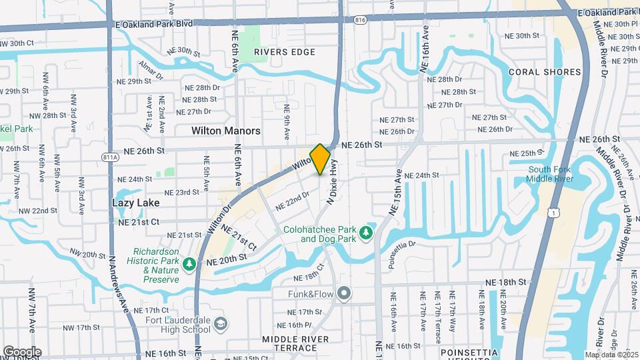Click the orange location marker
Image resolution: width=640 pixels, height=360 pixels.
(320, 159)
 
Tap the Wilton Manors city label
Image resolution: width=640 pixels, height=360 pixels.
(225, 131)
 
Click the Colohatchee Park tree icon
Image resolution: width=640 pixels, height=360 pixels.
(365, 233)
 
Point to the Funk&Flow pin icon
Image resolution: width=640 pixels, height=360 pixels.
(344, 293)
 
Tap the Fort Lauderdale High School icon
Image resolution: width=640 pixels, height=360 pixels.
(221, 324)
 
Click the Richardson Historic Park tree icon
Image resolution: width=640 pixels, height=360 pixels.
(189, 265)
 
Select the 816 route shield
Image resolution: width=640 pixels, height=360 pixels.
(361, 21)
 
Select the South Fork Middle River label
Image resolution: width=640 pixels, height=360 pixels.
(549, 174)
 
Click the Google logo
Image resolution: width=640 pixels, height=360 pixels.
(22, 352)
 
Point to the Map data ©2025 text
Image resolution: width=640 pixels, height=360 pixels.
(611, 355)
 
